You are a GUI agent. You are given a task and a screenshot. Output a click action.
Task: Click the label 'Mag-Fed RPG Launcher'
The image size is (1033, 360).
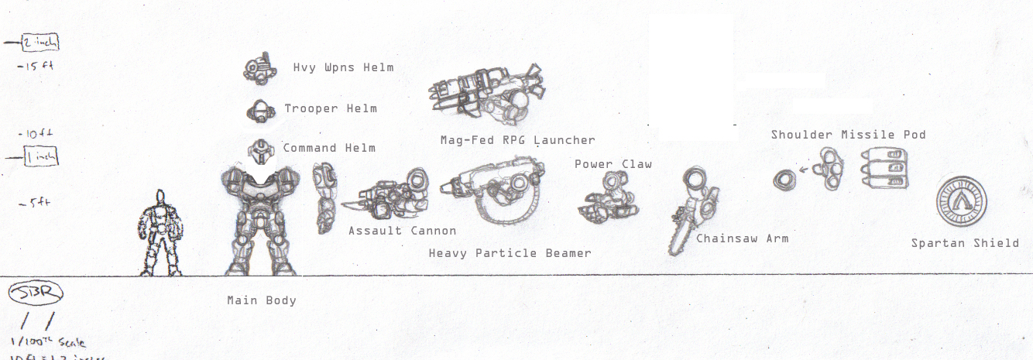[517, 140]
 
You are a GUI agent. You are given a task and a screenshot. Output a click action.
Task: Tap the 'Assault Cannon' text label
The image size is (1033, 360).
[402, 231]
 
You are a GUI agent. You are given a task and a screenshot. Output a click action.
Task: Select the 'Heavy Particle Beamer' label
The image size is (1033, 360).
[510, 253]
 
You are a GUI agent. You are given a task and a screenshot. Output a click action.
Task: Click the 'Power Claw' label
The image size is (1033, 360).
[613, 164]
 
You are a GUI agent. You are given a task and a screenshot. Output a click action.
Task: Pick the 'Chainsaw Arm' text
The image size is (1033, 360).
[742, 238]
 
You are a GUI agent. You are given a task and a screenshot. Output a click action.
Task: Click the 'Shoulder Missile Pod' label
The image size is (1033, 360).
[848, 135]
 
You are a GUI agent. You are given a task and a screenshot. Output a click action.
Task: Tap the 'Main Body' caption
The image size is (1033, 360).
[261, 300]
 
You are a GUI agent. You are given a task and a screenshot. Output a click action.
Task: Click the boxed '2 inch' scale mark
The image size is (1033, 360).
[41, 43]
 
